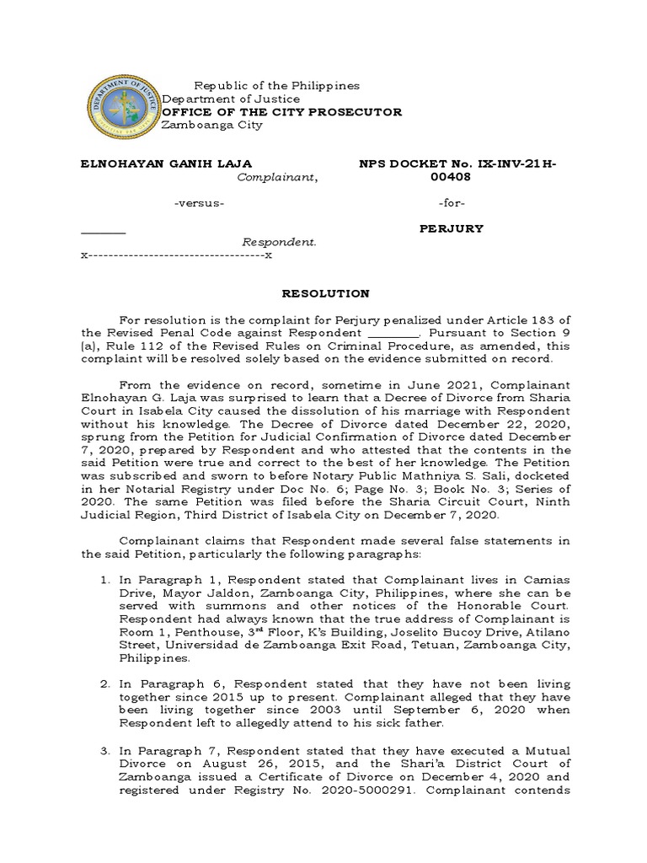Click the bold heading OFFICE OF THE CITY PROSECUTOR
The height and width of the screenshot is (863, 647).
pyautogui.click(x=281, y=112)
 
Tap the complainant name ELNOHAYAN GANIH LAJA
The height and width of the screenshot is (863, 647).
pyautogui.click(x=166, y=163)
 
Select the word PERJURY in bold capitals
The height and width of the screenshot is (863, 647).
pyautogui.click(x=452, y=228)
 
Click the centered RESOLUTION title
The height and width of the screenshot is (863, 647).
pyautogui.click(x=324, y=293)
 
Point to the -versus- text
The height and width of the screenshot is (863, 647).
pyautogui.click(x=199, y=204)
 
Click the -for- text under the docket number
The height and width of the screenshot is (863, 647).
pyautogui.click(x=452, y=204)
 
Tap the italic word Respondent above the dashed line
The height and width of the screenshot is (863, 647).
pyautogui.click(x=280, y=242)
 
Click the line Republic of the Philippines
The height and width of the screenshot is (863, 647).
pyautogui.click(x=276, y=86)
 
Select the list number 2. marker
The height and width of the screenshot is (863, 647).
pyautogui.click(x=105, y=683)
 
